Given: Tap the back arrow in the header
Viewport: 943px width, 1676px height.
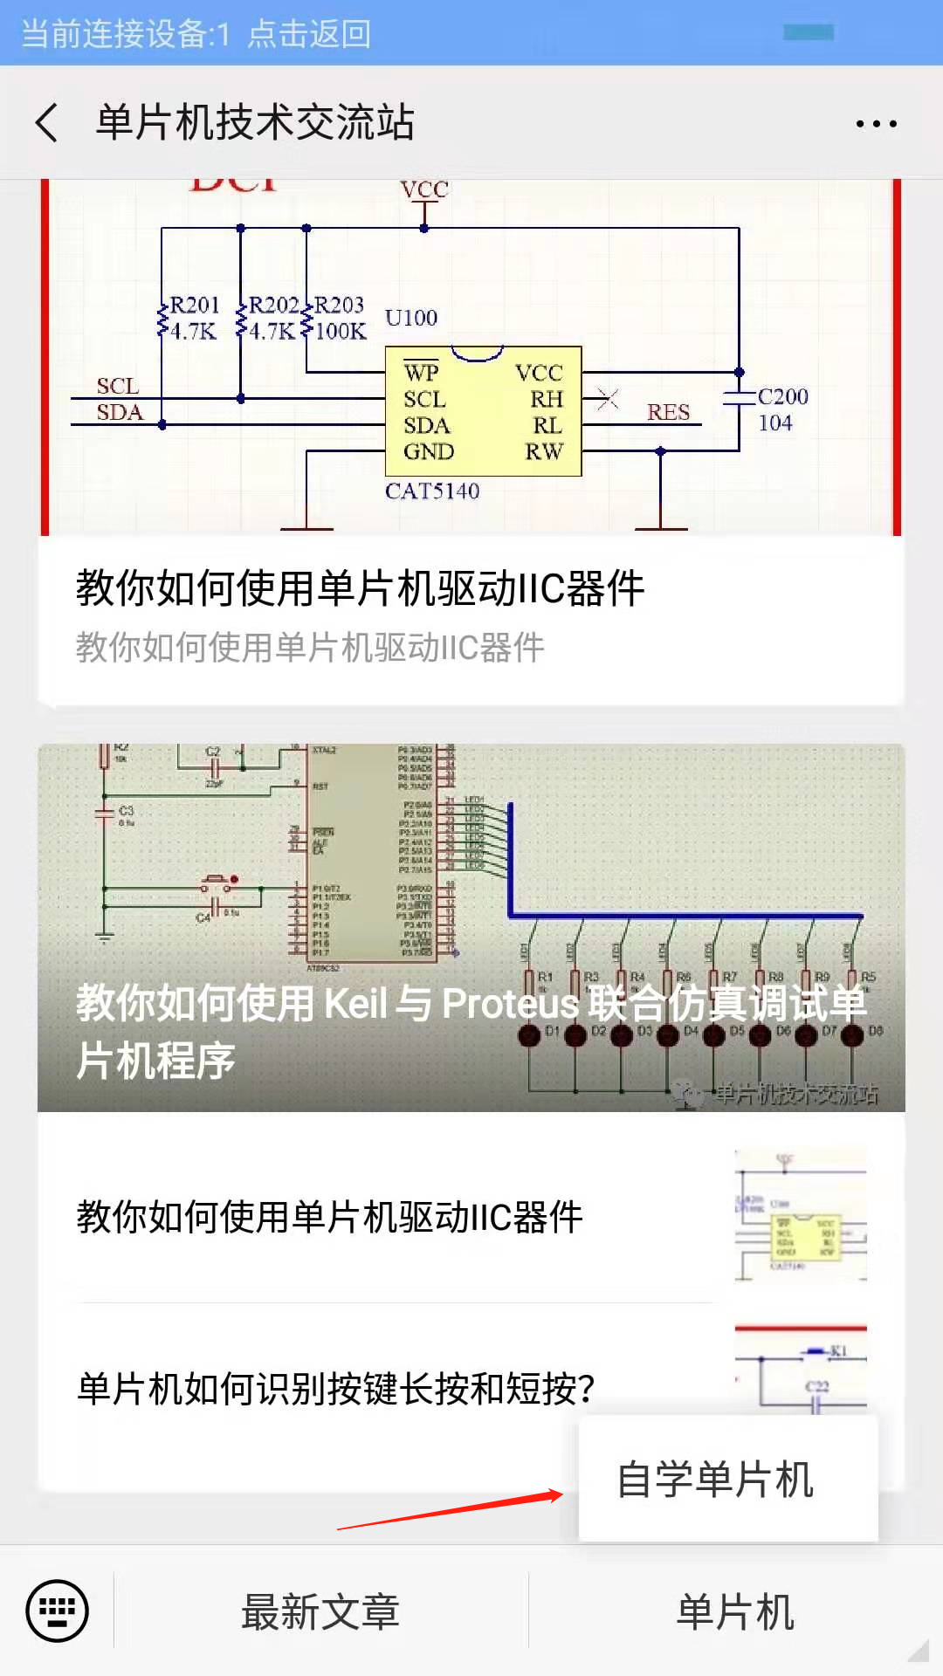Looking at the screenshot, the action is tap(48, 122).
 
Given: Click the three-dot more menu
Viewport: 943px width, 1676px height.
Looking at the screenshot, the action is tap(876, 124).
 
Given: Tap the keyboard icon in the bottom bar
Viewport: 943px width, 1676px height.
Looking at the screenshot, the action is tap(58, 1610).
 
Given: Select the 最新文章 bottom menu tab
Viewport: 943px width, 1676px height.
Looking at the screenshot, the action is tap(320, 1611).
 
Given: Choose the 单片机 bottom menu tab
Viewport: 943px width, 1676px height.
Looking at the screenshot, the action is tap(735, 1611).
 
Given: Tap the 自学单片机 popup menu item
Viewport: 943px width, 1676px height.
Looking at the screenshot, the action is tap(716, 1480).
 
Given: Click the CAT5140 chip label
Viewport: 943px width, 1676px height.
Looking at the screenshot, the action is tap(432, 491).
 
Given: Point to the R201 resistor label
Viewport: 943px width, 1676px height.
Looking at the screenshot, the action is tap(194, 306).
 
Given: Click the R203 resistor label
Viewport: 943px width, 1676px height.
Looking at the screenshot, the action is tap(339, 306).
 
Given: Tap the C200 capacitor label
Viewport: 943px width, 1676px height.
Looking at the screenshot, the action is tap(782, 397).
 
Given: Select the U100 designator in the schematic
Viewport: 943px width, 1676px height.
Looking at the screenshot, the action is tap(411, 318).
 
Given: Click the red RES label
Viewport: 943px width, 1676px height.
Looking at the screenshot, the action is tap(668, 413).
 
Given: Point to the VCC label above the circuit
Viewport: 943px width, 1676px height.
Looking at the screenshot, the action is tap(424, 190).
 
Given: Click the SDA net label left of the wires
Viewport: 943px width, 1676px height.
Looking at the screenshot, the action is tap(120, 413).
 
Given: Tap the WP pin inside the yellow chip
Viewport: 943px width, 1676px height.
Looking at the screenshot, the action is tap(421, 373).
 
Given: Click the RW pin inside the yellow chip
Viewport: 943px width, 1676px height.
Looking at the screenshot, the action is tap(544, 451).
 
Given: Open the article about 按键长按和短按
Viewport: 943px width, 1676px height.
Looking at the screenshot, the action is tap(336, 1388).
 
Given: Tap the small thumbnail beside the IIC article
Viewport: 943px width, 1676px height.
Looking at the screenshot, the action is tap(801, 1216).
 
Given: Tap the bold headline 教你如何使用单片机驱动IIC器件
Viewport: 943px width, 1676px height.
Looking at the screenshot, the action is tap(361, 587).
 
